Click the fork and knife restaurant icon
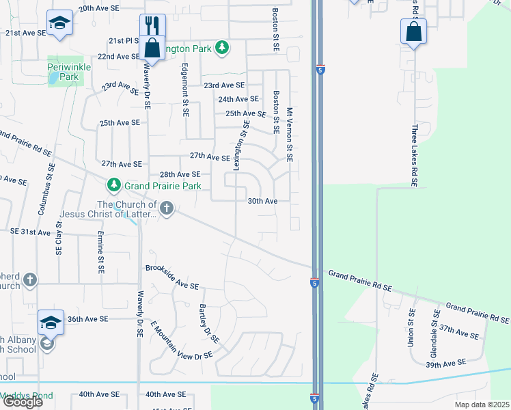pyautogui.click(x=152, y=26)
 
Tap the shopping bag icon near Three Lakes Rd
pyautogui.click(x=413, y=31)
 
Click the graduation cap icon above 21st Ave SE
pyautogui.click(x=60, y=23)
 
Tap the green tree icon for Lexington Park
pyautogui.click(x=221, y=47)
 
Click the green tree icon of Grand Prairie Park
pyautogui.click(x=113, y=185)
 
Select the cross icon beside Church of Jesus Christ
pyautogui.click(x=166, y=208)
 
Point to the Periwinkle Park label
pyautogui.click(x=64, y=72)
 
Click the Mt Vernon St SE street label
pyautogui.click(x=290, y=134)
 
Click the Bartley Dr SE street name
pyautogui.click(x=209, y=323)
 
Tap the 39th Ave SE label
pyautogui.click(x=445, y=362)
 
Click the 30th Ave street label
pyautogui.click(x=262, y=201)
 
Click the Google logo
pyautogui.click(x=23, y=402)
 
